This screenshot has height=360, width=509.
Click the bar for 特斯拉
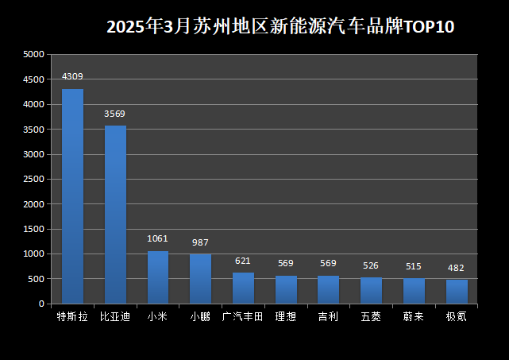click(x=72, y=195)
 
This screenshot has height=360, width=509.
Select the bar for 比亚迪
click(x=115, y=214)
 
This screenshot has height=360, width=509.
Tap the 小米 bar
click(x=158, y=277)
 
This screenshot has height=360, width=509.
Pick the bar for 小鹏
click(x=200, y=278)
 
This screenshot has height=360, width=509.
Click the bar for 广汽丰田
click(x=243, y=288)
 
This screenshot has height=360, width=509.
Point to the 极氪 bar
click(x=457, y=291)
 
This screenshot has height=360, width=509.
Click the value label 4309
click(x=72, y=76)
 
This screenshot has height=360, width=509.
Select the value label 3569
click(x=115, y=114)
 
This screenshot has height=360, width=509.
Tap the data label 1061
click(x=158, y=238)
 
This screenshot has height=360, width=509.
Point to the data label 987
click(x=200, y=242)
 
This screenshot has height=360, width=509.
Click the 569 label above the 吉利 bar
click(x=328, y=263)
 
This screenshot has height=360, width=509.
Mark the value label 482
click(x=456, y=268)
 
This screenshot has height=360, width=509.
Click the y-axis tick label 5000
click(x=34, y=55)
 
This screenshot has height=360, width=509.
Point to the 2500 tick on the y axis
click(x=34, y=180)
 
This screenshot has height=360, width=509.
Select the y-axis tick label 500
click(x=37, y=279)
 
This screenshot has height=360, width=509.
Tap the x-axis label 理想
click(x=286, y=316)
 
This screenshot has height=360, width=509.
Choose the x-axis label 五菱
click(x=371, y=316)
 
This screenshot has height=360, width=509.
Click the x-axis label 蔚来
click(x=414, y=316)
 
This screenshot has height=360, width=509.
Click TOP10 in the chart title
click(x=429, y=27)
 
